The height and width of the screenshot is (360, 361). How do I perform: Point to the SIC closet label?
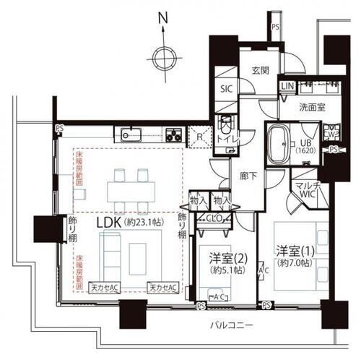(x=225, y=91)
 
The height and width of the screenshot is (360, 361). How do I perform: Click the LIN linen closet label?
(x=287, y=87)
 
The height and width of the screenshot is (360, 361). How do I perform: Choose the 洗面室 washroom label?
(x=312, y=106)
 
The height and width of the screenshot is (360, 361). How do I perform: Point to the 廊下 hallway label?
(x=248, y=176)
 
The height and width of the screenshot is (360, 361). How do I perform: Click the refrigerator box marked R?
(x=199, y=134)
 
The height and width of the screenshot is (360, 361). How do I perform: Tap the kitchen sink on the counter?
(x=131, y=134)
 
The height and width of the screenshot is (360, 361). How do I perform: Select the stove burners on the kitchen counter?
(x=174, y=134)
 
